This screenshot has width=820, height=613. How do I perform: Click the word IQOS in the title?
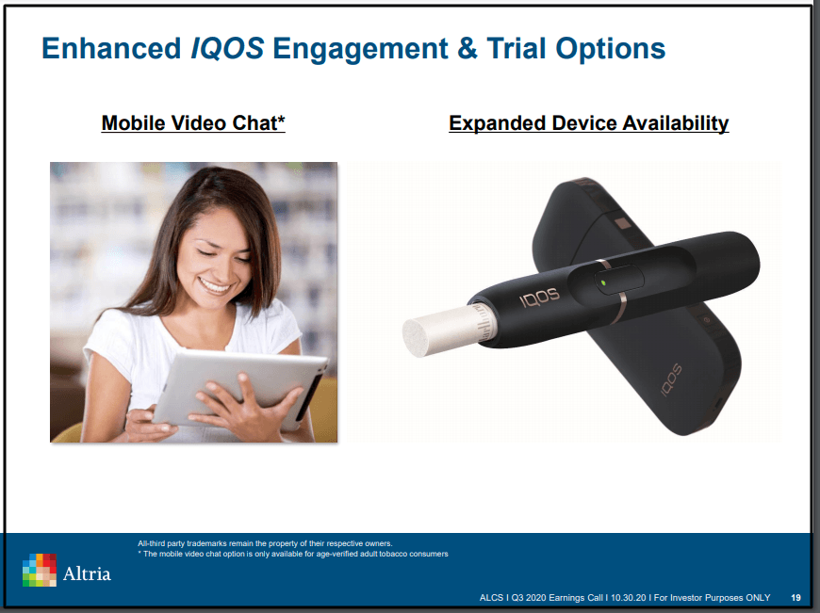pyautogui.click(x=227, y=49)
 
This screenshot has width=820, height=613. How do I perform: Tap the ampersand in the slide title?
pyautogui.click(x=467, y=49)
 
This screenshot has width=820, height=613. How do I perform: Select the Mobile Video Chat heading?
pyautogui.click(x=193, y=123)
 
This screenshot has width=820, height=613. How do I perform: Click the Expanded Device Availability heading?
pyautogui.click(x=588, y=123)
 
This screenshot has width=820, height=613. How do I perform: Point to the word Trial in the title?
pyautogui.click(x=517, y=49)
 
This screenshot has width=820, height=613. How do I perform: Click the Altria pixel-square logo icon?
pyautogui.click(x=40, y=570)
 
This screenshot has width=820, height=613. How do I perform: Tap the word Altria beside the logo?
pyautogui.click(x=87, y=573)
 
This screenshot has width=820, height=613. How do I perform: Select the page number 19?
pyautogui.click(x=795, y=597)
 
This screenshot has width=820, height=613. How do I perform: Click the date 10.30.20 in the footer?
pyautogui.click(x=628, y=597)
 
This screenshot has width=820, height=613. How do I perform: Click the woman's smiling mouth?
pyautogui.click(x=214, y=285)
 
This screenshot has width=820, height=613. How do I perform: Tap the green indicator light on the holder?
pyautogui.click(x=603, y=282)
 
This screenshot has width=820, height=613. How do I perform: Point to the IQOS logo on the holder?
pyautogui.click(x=539, y=297)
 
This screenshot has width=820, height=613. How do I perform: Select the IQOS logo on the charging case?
pyautogui.click(x=671, y=379)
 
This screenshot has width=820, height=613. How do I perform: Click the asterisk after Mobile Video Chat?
pyautogui.click(x=281, y=120)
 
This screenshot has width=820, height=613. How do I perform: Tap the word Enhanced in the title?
pyautogui.click(x=111, y=49)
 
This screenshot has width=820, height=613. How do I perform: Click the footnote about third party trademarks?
pyautogui.click(x=265, y=543)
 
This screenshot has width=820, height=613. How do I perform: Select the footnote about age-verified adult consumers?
pyautogui.click(x=293, y=554)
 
